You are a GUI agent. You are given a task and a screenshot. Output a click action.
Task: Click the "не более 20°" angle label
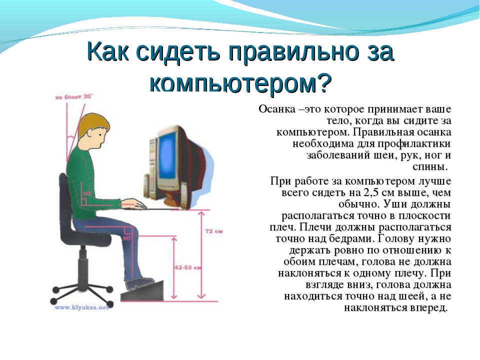click(x=73, y=96)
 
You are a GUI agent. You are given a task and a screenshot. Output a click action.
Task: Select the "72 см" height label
click(x=214, y=231)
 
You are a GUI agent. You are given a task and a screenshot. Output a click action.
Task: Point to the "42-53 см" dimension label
click(x=188, y=267)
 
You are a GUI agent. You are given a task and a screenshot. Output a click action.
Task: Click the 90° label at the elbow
click(x=87, y=194)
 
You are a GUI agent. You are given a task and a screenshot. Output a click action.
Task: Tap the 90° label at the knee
click(x=127, y=238)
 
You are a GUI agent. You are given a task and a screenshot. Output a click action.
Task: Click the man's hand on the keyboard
click(x=134, y=204)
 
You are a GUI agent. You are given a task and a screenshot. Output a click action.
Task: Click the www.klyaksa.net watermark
click(x=81, y=307)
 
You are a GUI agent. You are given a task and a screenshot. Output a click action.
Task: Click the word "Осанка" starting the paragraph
click(x=276, y=109)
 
